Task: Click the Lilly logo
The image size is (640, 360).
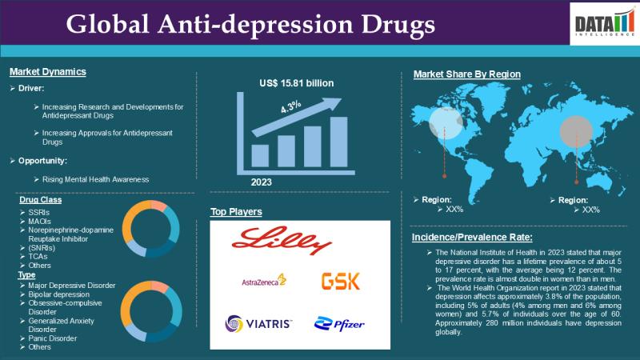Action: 282,241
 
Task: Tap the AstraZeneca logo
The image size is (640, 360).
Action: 264,281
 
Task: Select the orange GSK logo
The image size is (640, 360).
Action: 341,282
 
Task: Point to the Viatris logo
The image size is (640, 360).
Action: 258,324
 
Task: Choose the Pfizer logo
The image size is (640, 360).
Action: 339,324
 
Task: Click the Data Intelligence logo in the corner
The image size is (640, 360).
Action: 605,23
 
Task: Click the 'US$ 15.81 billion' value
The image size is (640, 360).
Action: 297,83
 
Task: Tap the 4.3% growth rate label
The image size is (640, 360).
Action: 290,106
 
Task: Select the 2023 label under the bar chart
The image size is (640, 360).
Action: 262,182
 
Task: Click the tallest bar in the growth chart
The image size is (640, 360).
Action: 338,142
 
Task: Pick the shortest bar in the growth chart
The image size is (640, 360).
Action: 260,156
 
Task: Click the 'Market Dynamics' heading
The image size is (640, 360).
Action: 48,72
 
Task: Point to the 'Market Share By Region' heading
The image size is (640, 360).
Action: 467,74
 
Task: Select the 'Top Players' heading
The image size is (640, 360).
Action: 236,212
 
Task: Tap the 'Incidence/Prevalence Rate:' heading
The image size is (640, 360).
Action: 472,237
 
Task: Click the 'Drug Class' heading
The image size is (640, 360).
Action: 41,199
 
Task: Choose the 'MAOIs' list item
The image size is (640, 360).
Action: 39,222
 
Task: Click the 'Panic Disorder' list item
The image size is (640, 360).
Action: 53,338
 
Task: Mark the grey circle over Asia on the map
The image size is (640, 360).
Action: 576,131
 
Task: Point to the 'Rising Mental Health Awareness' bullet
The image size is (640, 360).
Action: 95,179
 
